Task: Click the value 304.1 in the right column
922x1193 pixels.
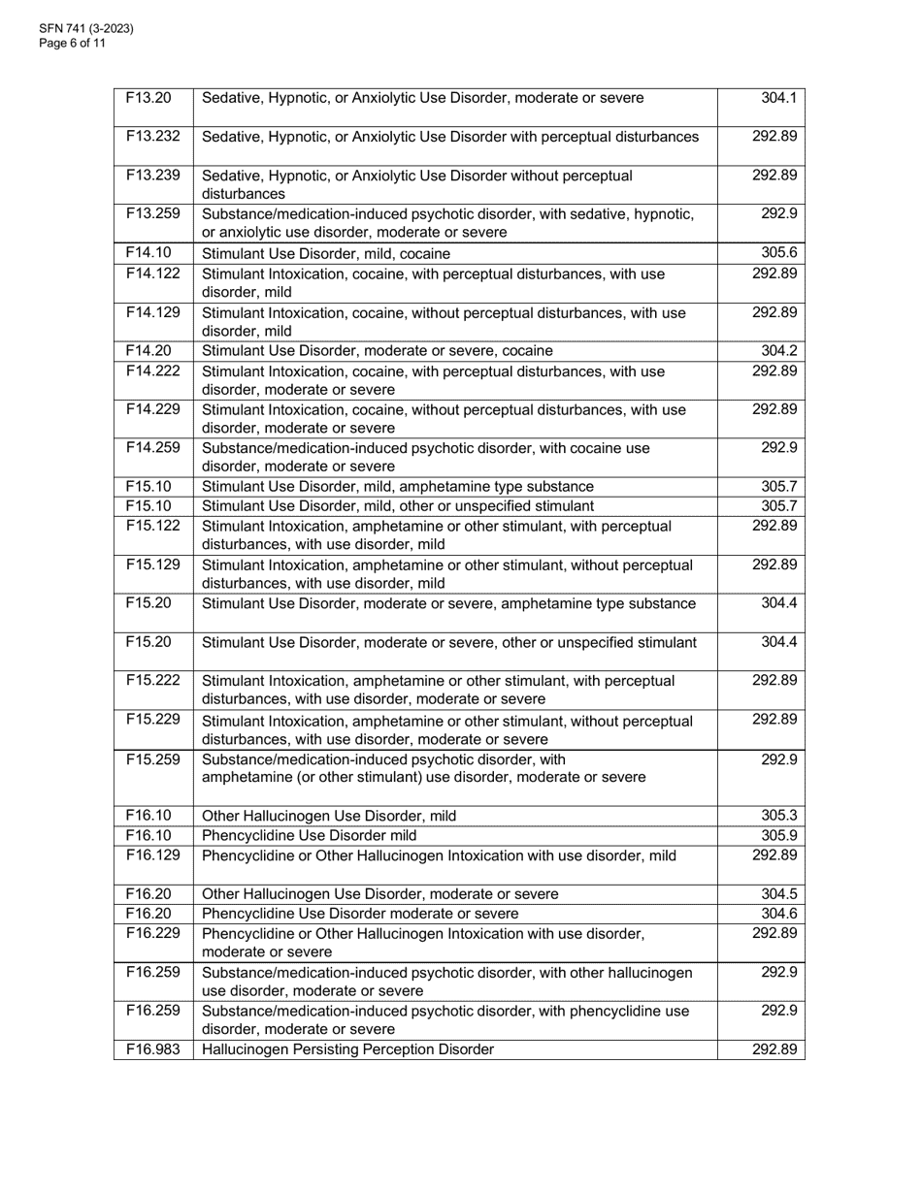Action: (x=778, y=98)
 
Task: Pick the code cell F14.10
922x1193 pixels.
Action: (x=148, y=253)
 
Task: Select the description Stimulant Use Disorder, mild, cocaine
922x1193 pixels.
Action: (x=326, y=254)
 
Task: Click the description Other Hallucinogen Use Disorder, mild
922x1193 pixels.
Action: (x=328, y=816)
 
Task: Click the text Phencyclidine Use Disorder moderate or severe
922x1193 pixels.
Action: (x=360, y=914)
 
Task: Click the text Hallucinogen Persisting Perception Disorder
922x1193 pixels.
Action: (x=347, y=1049)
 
